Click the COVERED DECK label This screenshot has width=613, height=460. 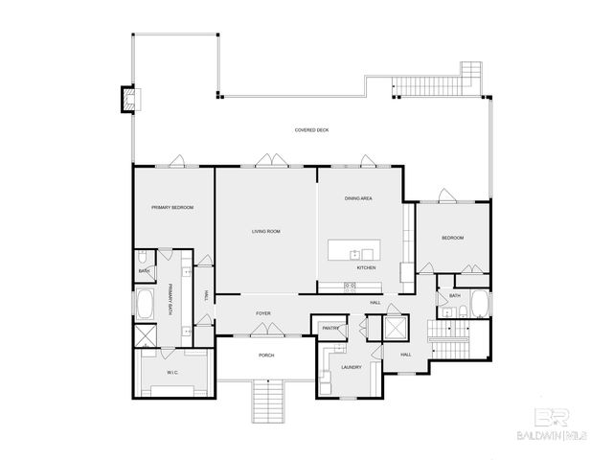312,130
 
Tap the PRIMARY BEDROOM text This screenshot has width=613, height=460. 172,207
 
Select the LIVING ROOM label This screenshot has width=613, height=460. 265,231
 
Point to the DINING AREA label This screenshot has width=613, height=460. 358,197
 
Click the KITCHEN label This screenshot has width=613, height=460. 367,268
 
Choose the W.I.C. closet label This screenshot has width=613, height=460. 173,371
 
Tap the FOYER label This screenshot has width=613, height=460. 262,313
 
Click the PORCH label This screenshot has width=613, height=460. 266,356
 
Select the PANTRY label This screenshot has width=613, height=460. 331,328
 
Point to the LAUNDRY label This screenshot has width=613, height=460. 351,365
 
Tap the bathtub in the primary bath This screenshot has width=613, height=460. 147,307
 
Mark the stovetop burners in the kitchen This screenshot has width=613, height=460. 351,287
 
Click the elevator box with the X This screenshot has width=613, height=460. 395,329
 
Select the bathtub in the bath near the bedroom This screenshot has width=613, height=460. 481,305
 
